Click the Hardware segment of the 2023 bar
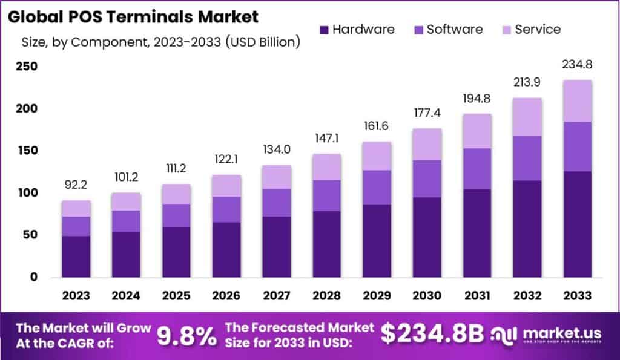(x=76, y=257)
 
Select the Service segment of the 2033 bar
(x=577, y=101)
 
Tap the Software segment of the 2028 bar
(x=326, y=195)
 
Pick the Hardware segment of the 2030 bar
(x=427, y=237)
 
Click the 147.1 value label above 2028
(x=326, y=139)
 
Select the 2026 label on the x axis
(x=226, y=295)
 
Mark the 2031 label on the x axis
(x=477, y=295)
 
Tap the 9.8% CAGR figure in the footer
(x=187, y=336)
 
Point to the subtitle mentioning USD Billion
(x=161, y=42)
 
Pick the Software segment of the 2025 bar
(x=176, y=215)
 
